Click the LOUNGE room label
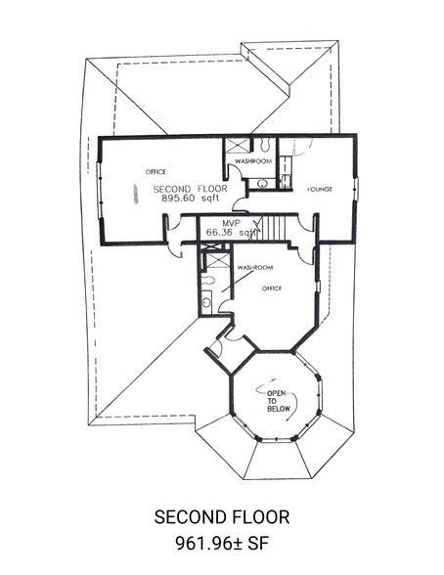320,190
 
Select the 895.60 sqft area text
191,199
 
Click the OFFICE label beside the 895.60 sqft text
155,172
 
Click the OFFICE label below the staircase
272,288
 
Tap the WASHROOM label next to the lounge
253,161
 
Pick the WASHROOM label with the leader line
255,267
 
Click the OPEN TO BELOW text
278,401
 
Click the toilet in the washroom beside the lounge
264,144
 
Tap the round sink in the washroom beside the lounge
262,184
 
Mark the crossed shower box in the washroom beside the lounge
237,145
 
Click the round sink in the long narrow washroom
206,302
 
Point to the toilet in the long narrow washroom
208,280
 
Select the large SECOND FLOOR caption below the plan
222,517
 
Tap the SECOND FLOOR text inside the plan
191,190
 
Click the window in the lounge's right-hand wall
356,190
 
